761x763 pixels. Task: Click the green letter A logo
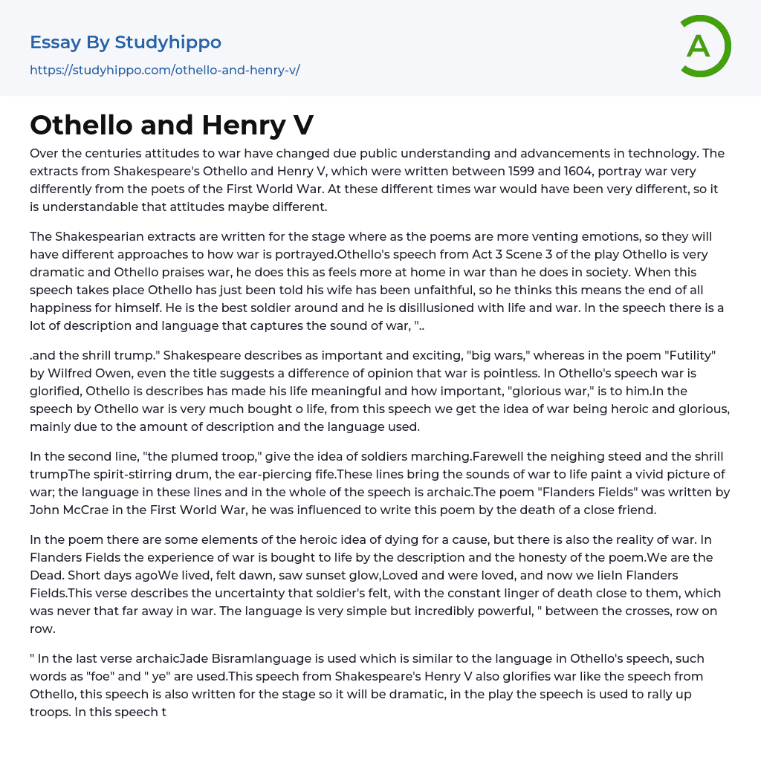[x=705, y=46]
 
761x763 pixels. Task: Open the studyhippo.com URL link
[x=164, y=71]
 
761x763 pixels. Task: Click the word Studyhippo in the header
[x=168, y=42]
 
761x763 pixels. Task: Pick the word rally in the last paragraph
[x=658, y=694]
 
